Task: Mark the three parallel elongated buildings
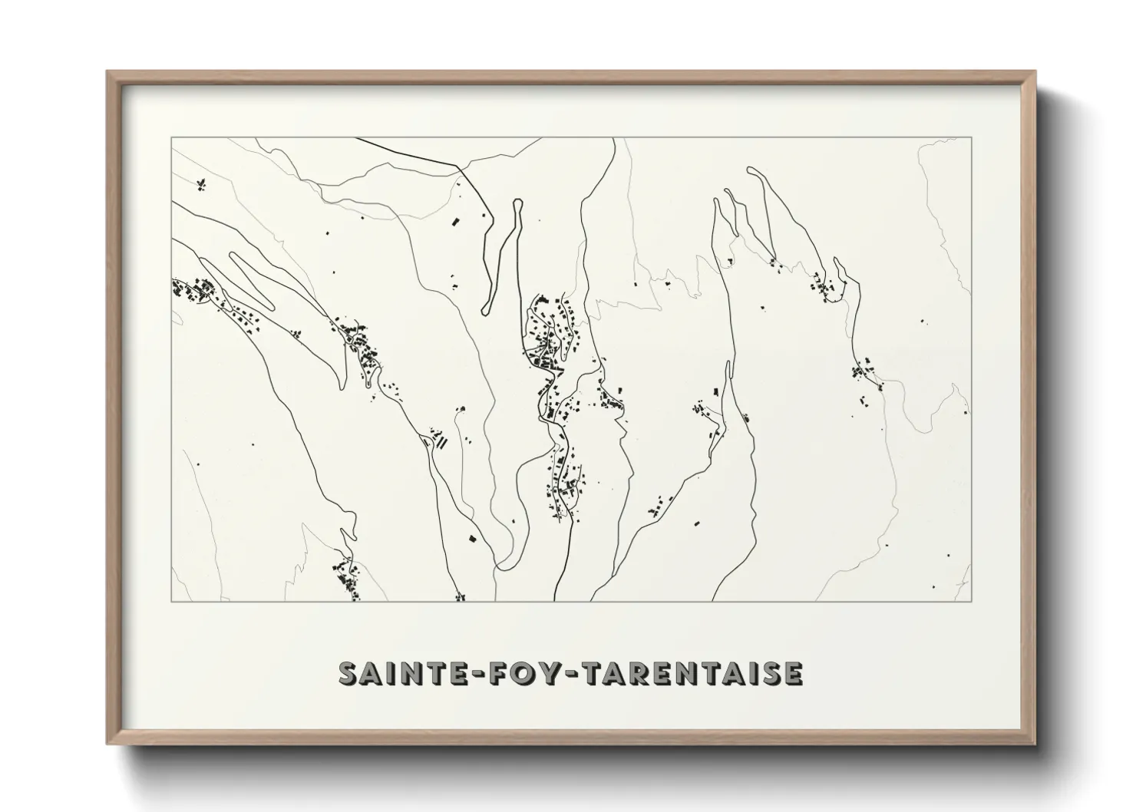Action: [441, 441]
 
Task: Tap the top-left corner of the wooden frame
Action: [109, 74]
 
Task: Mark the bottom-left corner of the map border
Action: [172, 601]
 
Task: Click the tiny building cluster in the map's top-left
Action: [202, 183]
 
